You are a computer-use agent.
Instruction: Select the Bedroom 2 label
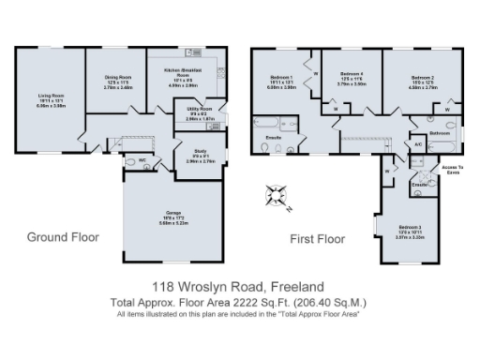pyautogui.click(x=424, y=79)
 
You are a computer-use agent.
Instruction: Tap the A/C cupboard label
pyautogui.click(x=418, y=143)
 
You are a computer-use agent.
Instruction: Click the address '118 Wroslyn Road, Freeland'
pyautogui.click(x=240, y=286)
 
